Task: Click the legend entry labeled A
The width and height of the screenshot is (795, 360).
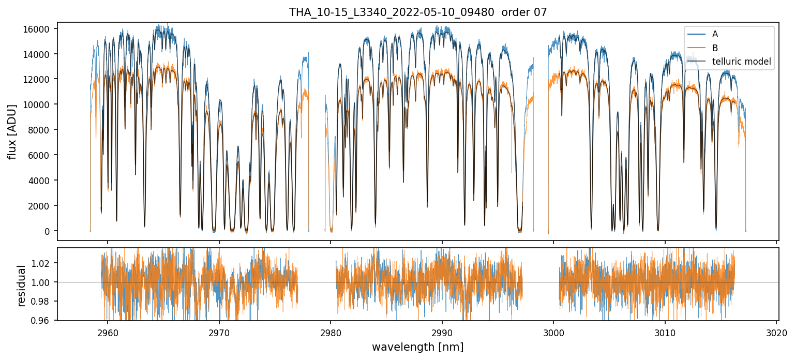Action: pos(715,34)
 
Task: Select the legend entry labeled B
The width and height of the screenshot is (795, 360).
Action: pos(715,48)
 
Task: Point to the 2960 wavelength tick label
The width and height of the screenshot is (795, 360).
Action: pos(108,332)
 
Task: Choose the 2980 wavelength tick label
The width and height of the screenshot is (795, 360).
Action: pos(331,332)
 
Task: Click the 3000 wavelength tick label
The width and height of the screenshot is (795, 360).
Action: pos(553,332)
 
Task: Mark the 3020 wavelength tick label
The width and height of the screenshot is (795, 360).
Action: pos(776,332)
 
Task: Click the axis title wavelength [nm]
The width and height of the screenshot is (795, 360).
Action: pos(418,347)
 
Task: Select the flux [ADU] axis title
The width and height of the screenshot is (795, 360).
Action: pos(12,131)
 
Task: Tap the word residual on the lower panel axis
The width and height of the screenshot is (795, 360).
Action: pos(21,286)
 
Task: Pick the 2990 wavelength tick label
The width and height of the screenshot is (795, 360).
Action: pos(442,332)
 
